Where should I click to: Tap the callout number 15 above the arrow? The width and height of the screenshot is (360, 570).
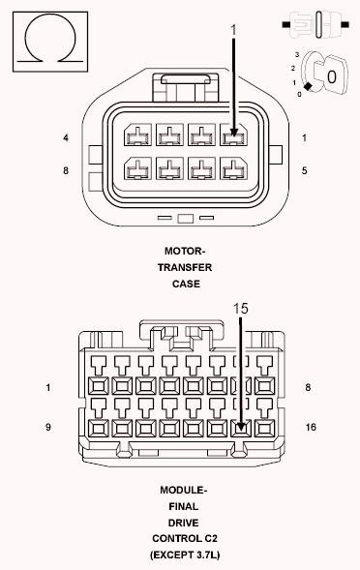click(x=240, y=309)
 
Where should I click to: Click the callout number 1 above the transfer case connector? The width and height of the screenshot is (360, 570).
click(x=233, y=31)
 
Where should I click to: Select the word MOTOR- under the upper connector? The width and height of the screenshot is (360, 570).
click(x=185, y=251)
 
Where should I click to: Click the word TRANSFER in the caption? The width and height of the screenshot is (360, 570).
click(x=185, y=267)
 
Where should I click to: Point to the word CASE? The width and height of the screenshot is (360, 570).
click(x=186, y=284)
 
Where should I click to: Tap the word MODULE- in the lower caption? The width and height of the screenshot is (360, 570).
click(x=184, y=490)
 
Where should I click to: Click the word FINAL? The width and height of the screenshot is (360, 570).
click(x=184, y=506)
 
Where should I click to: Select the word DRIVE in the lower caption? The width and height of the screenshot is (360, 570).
click(x=184, y=523)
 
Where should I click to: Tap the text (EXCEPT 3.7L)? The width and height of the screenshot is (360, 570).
click(x=185, y=555)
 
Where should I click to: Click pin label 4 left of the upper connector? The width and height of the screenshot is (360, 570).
click(x=66, y=138)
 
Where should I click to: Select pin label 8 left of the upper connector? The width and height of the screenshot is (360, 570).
click(x=66, y=170)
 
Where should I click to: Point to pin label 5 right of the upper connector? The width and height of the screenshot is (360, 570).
click(x=305, y=170)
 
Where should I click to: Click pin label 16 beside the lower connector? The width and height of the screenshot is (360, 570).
click(x=311, y=427)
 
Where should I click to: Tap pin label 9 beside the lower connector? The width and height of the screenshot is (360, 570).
click(x=48, y=427)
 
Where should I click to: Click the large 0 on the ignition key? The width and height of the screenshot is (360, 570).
click(x=332, y=77)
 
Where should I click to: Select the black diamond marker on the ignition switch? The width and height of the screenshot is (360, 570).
click(x=308, y=87)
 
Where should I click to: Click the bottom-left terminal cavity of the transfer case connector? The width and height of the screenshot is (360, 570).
click(x=137, y=168)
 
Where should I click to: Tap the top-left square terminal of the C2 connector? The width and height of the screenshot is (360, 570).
click(x=99, y=386)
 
